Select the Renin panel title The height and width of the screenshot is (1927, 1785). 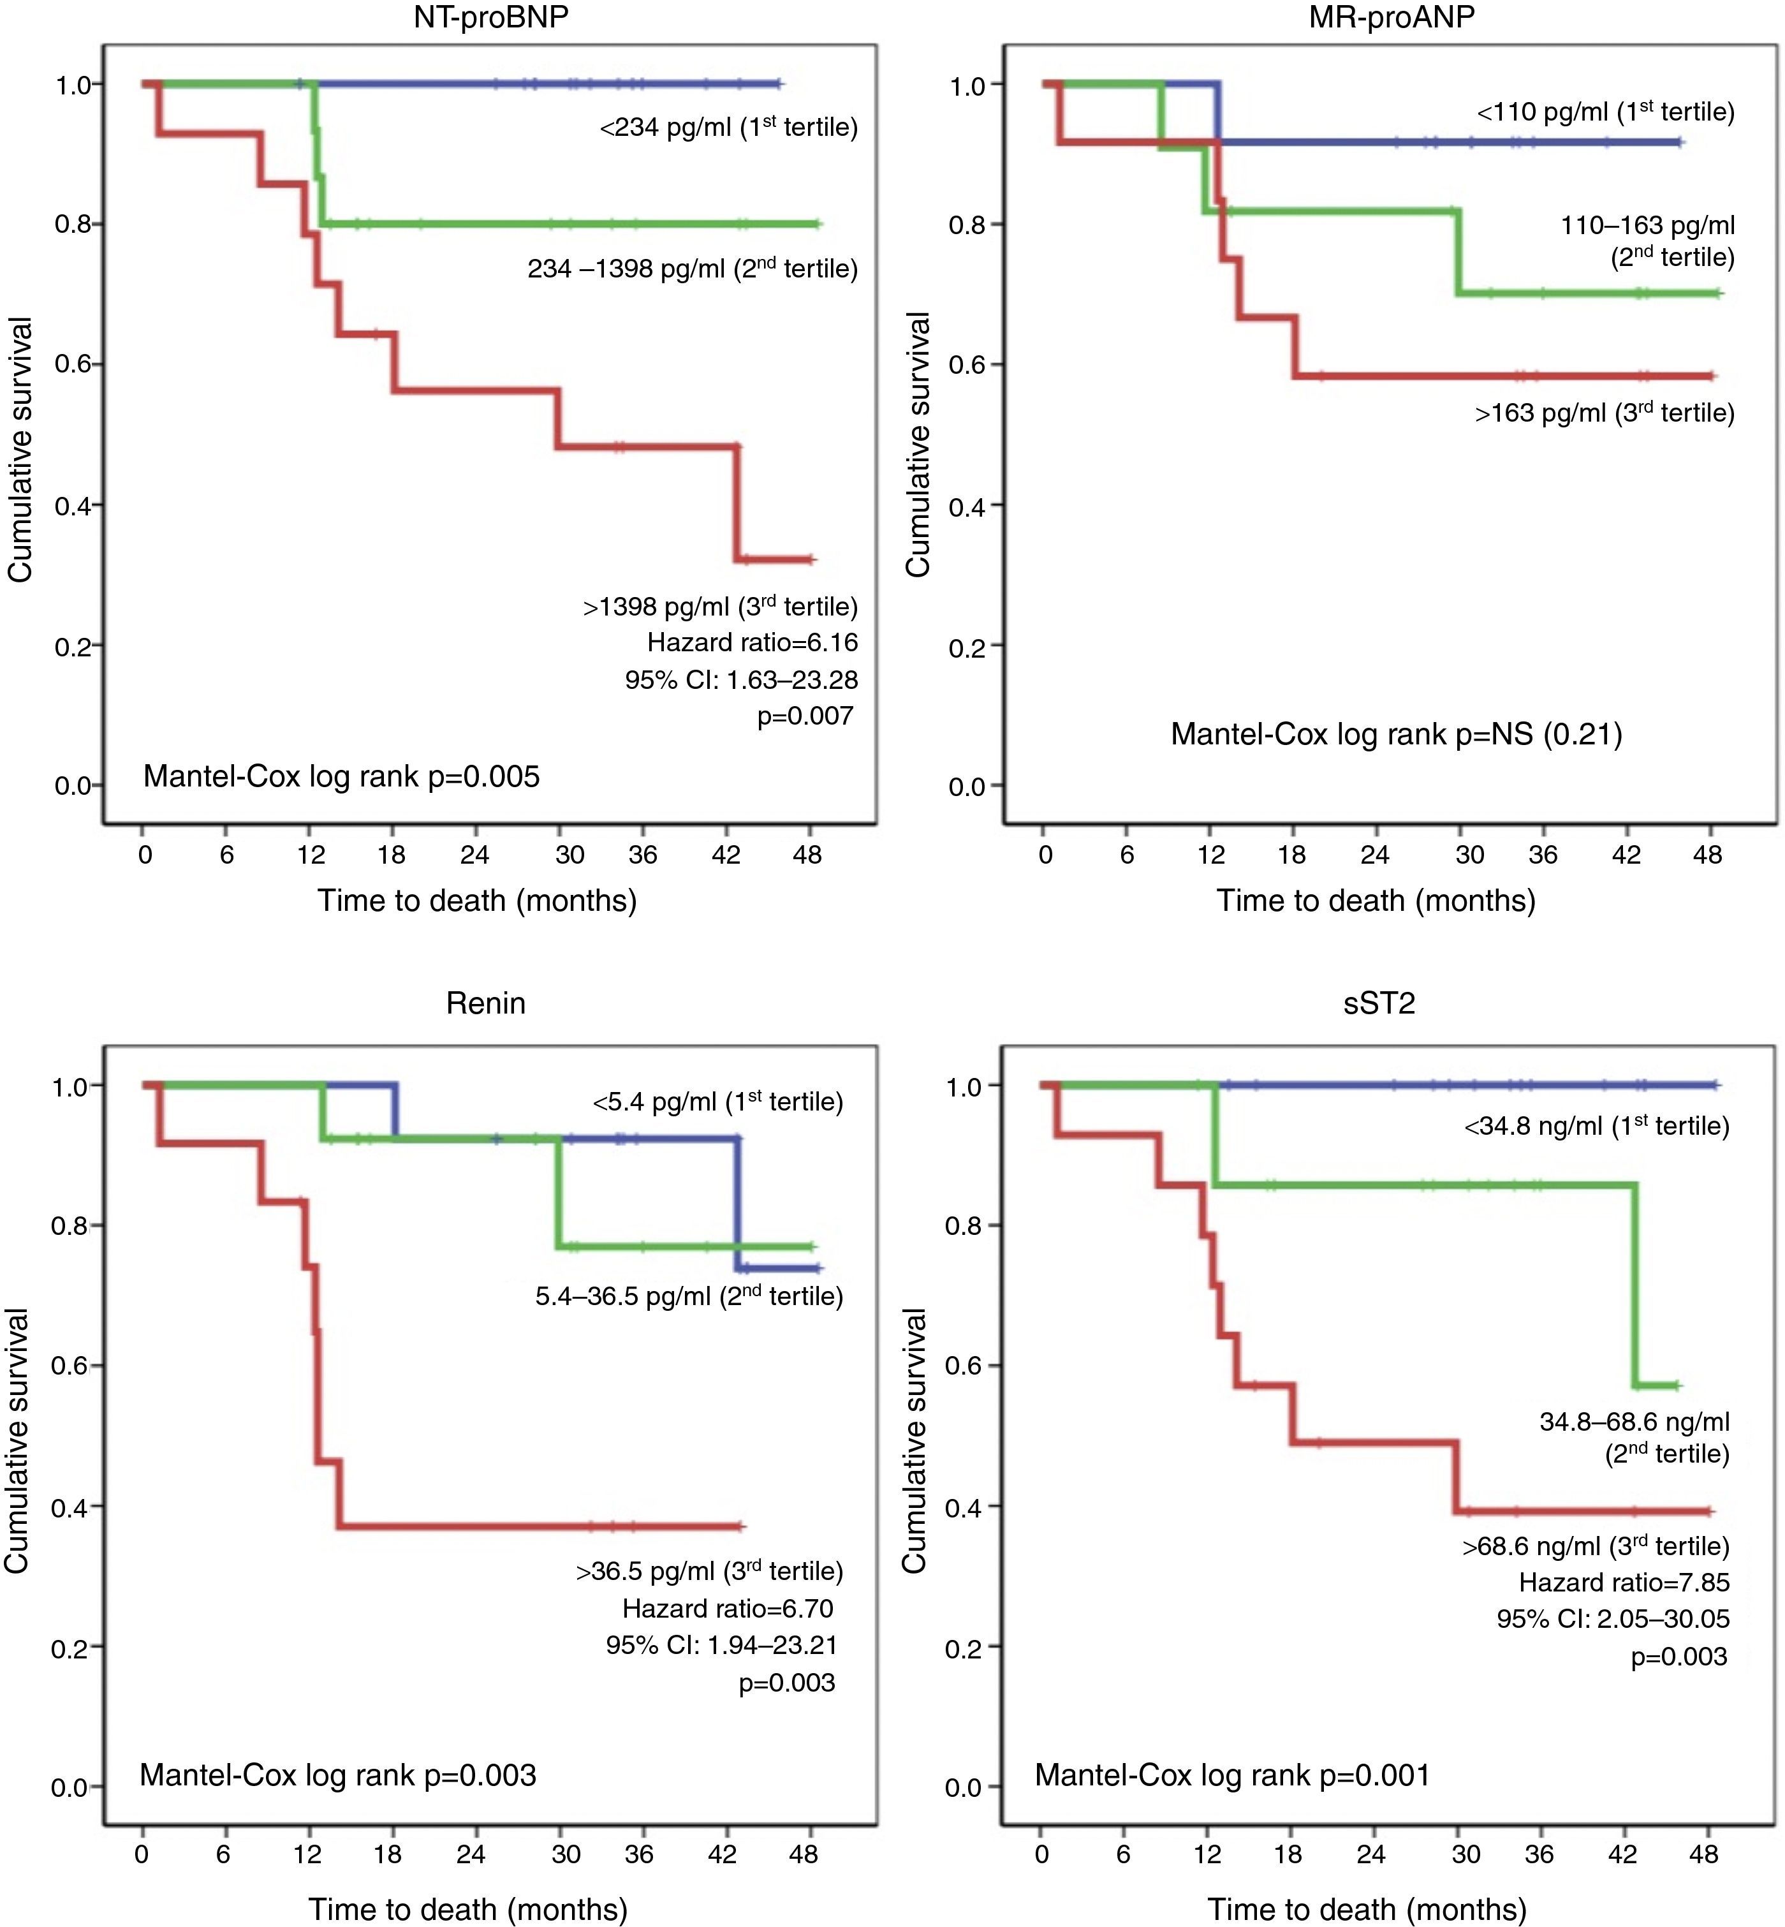pyautogui.click(x=486, y=1003)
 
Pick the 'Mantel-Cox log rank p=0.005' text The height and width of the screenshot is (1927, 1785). pyautogui.click(x=341, y=776)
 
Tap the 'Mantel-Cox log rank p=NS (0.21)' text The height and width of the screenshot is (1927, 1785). pyautogui.click(x=1396, y=734)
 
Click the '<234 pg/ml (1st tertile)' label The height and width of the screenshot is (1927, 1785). pyautogui.click(x=728, y=126)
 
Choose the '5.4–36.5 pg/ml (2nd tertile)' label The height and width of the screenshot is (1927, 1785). pyautogui.click(x=689, y=1296)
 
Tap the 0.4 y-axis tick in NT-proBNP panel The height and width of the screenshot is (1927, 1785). pyautogui.click(x=73, y=505)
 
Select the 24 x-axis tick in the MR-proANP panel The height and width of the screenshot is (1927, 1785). pyautogui.click(x=1374, y=855)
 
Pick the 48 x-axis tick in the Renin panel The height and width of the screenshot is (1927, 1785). pyautogui.click(x=804, y=1854)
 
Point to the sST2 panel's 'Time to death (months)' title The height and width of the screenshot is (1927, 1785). pyautogui.click(x=1367, y=1910)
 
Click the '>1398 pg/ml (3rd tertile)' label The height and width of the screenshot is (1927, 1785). pyautogui.click(x=719, y=607)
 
